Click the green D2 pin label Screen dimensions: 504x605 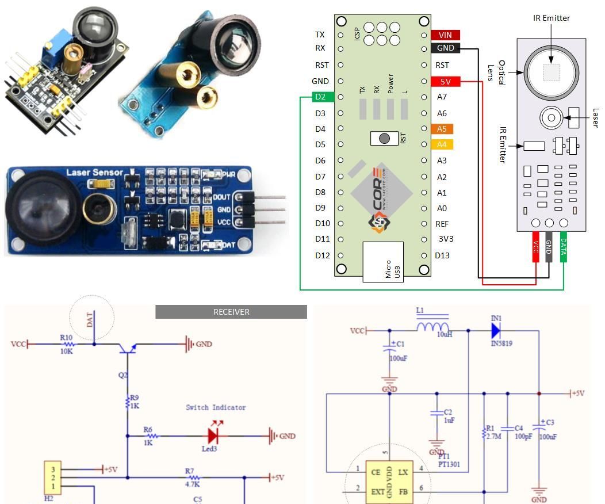pyautogui.click(x=320, y=97)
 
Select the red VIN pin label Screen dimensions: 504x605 pyautogui.click(x=445, y=35)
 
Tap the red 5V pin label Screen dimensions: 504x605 pyautogui.click(x=446, y=82)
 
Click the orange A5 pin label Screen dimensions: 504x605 pyautogui.click(x=442, y=129)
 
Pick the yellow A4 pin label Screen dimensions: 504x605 pyautogui.click(x=442, y=144)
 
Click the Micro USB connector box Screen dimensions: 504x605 pyautogui.click(x=383, y=262)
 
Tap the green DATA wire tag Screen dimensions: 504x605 pyautogui.click(x=563, y=247)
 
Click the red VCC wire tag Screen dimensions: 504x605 pyautogui.click(x=535, y=247)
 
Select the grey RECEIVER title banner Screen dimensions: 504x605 pyautogui.click(x=231, y=312)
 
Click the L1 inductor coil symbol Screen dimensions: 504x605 pyautogui.click(x=432, y=327)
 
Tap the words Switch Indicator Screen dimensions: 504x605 pyautogui.click(x=216, y=407)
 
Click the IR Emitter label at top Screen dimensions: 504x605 pyautogui.click(x=551, y=18)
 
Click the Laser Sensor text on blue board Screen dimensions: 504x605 pyautogui.click(x=94, y=172)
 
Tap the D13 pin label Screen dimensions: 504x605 pyautogui.click(x=442, y=255)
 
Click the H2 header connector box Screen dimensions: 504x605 pyautogui.click(x=52, y=477)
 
